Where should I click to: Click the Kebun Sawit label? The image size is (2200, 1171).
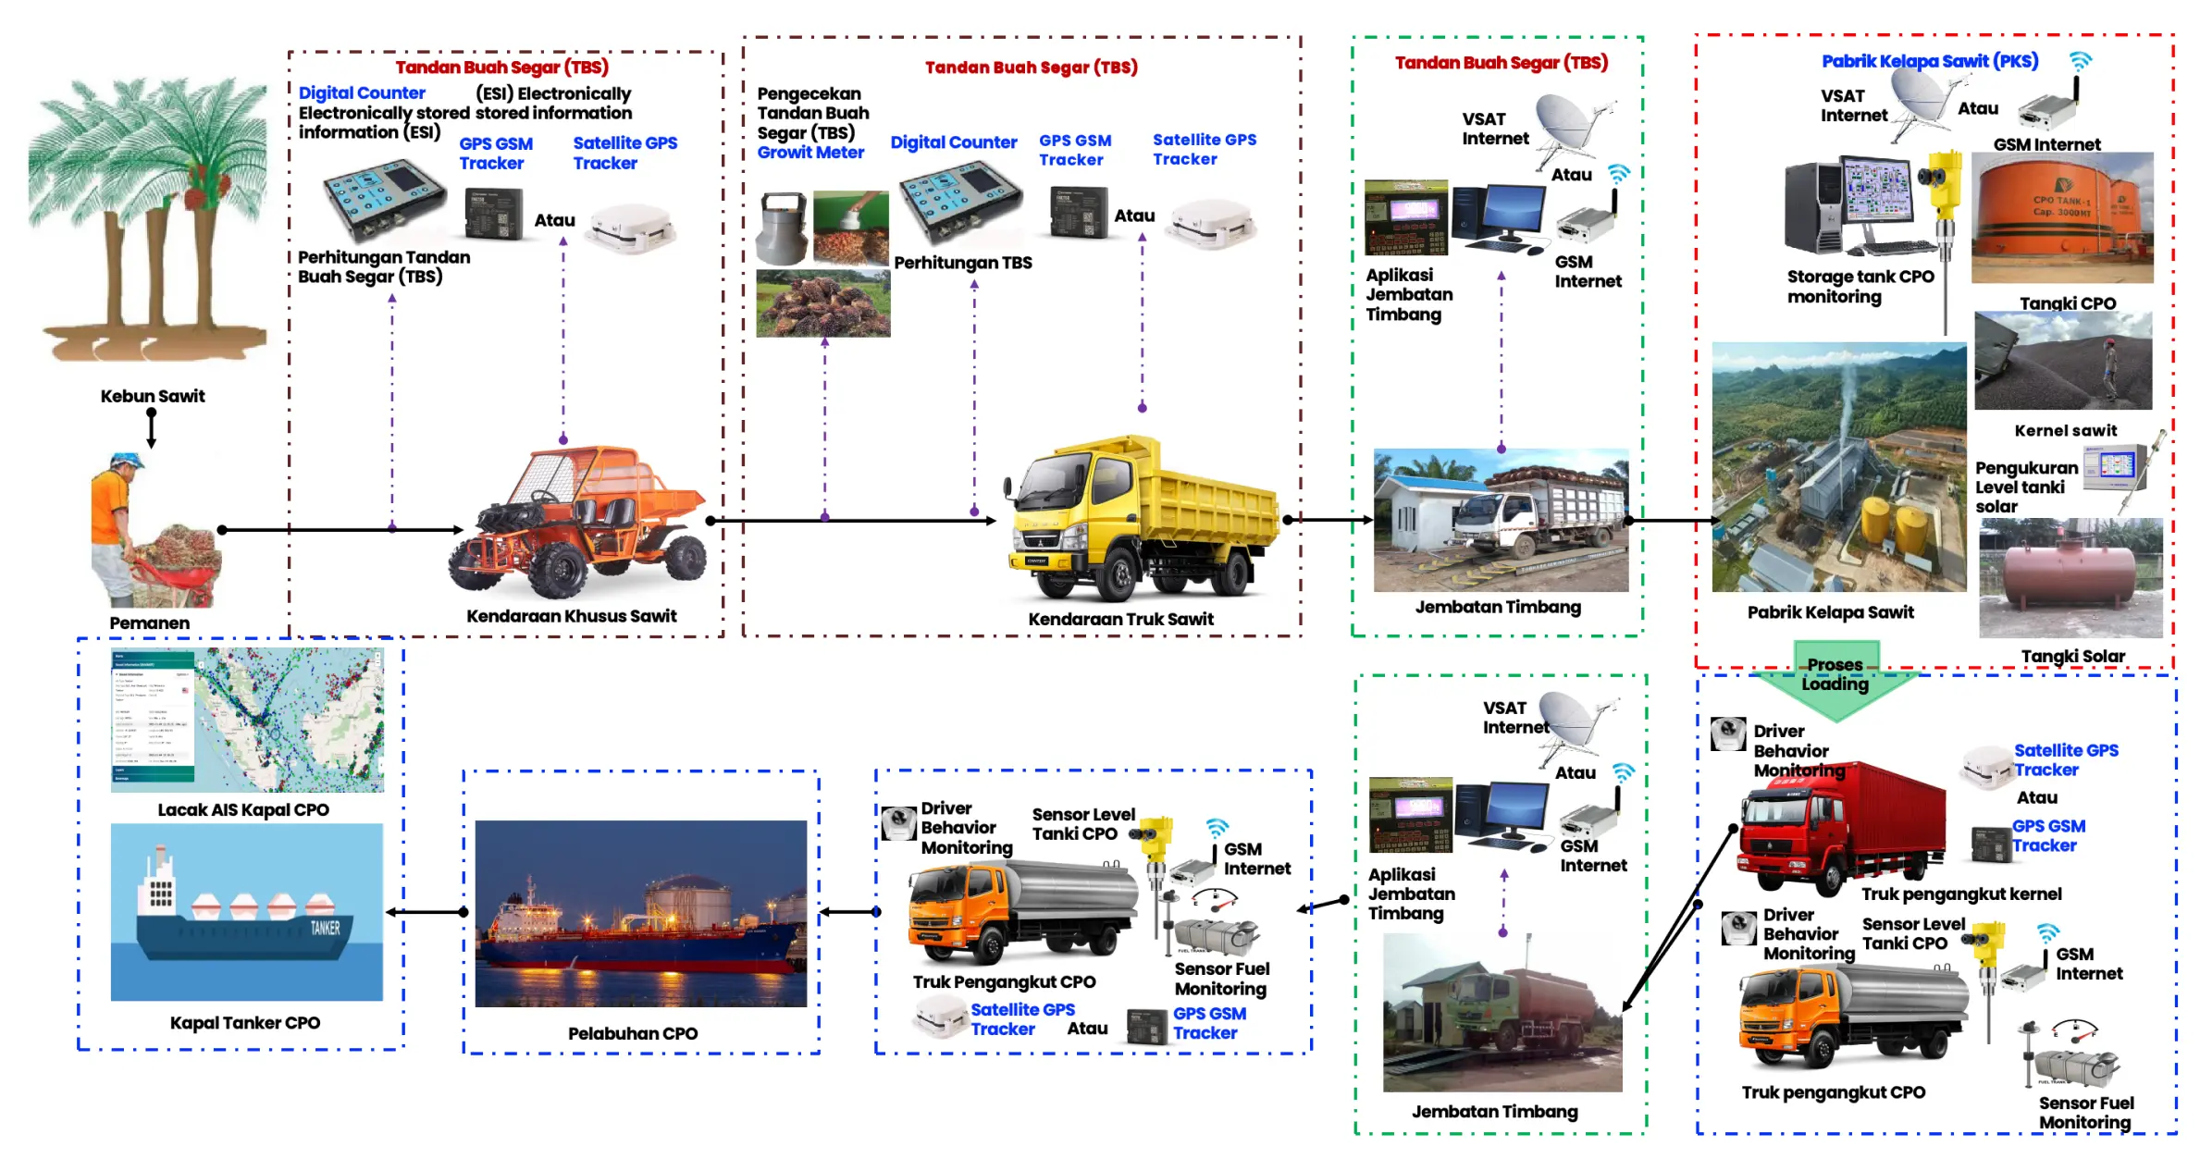click(153, 396)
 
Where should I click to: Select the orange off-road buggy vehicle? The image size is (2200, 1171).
click(578, 523)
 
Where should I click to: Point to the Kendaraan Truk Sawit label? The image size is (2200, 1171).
click(1120, 619)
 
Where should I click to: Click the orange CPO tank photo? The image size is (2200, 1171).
click(2062, 217)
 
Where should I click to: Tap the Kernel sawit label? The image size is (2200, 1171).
click(2065, 430)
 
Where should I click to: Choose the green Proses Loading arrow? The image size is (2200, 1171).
click(1835, 684)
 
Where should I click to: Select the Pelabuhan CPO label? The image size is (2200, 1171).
click(633, 1033)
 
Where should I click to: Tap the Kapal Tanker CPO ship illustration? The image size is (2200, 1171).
click(246, 912)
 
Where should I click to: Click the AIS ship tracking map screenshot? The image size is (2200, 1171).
click(247, 720)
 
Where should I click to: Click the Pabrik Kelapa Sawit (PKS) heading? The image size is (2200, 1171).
click(1930, 61)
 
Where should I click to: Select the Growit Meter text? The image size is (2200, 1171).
click(810, 153)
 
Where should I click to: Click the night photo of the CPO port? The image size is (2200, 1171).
click(640, 913)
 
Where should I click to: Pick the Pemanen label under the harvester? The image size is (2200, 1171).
click(149, 622)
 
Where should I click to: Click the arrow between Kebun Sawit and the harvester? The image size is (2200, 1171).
click(152, 428)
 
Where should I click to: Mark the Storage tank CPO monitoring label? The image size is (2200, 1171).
click(1860, 287)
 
